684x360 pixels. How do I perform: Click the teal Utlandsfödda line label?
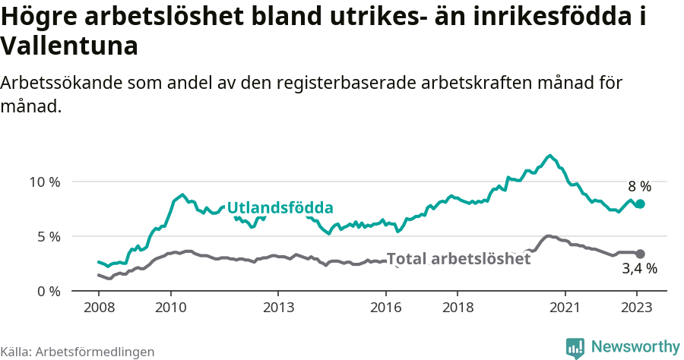pos(280,207)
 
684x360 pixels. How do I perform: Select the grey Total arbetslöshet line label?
pos(458,258)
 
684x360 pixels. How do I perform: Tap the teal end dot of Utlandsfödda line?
pos(640,204)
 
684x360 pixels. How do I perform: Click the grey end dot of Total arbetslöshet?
pos(640,254)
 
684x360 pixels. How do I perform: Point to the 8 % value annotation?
pos(639,186)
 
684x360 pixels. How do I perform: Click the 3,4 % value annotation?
pos(639,268)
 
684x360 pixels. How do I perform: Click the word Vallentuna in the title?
pos(69,46)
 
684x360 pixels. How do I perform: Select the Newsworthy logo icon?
pos(575,347)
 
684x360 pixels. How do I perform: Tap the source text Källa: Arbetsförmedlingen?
pos(78,352)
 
